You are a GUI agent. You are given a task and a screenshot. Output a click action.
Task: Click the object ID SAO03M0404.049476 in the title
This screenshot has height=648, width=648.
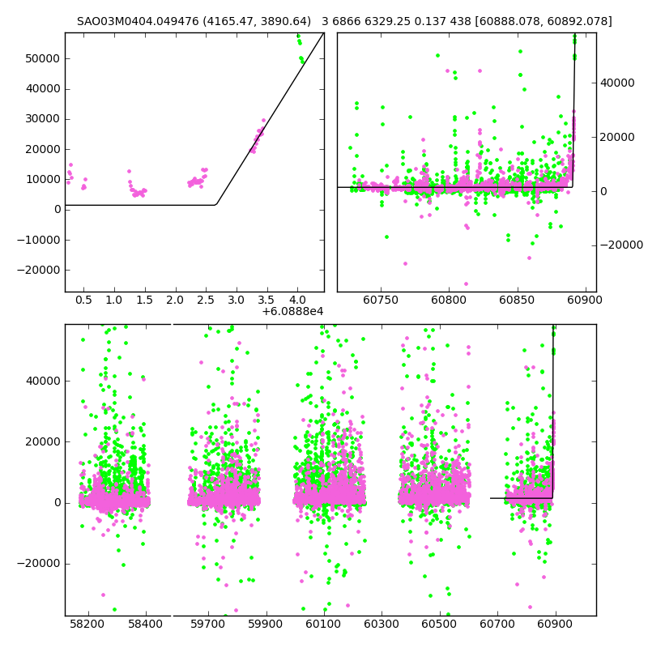tap(132, 22)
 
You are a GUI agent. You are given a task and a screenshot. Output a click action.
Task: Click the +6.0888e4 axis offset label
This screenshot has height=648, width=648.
tap(292, 311)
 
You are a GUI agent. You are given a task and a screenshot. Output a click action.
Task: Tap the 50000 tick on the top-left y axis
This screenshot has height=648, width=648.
tap(43, 58)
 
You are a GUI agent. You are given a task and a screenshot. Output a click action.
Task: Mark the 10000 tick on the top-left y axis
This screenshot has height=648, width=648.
tap(43, 179)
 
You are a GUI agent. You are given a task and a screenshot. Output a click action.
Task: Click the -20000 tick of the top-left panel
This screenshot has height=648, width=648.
tap(40, 270)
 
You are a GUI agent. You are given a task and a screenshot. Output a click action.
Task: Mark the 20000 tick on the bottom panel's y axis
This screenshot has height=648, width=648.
tap(43, 441)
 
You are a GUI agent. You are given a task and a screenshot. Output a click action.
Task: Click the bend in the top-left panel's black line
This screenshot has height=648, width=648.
tap(215, 204)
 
